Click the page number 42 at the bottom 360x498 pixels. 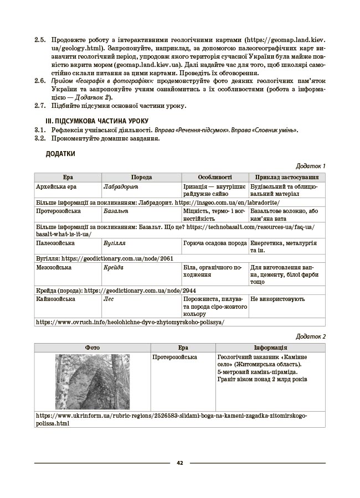point(180,463)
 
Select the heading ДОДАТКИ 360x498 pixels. point(60,153)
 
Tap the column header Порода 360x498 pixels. point(141,177)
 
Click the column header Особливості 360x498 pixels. point(214,177)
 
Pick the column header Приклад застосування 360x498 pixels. point(286,177)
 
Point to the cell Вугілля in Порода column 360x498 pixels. point(114,243)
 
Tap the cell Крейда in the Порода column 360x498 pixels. point(114,267)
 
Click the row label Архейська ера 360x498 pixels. point(56,186)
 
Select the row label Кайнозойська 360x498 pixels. point(55,299)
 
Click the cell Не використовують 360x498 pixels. point(277,299)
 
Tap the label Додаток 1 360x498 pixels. point(311,165)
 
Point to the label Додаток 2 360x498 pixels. point(311,336)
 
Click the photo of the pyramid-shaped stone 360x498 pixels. point(92,381)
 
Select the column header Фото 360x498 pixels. point(92,347)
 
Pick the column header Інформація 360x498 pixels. point(270,347)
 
